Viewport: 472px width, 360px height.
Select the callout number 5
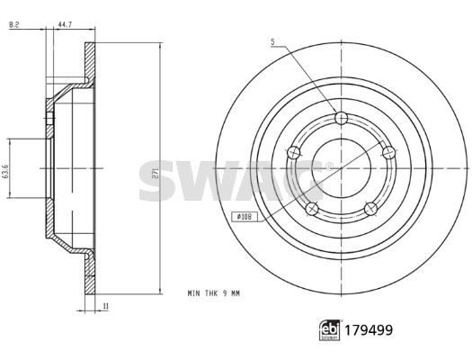pyautogui.click(x=271, y=41)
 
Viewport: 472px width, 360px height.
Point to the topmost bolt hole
pyautogui.click(x=340, y=118)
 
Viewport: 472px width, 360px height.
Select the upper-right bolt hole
pyautogui.click(x=388, y=152)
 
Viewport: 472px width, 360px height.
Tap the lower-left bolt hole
pyautogui.click(x=311, y=209)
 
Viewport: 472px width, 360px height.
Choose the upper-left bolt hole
pyautogui.click(x=292, y=154)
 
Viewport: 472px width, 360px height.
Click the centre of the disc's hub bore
pyautogui.click(x=341, y=168)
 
